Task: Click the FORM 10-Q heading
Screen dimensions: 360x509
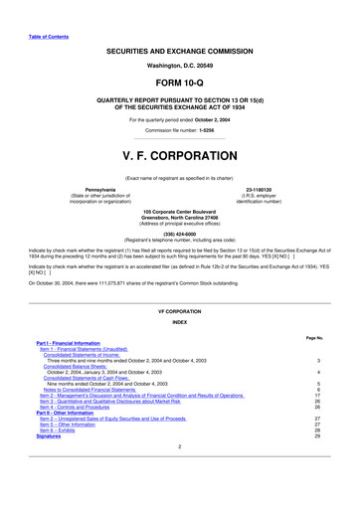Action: (179, 83)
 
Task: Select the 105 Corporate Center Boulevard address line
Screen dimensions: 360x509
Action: (179, 212)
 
